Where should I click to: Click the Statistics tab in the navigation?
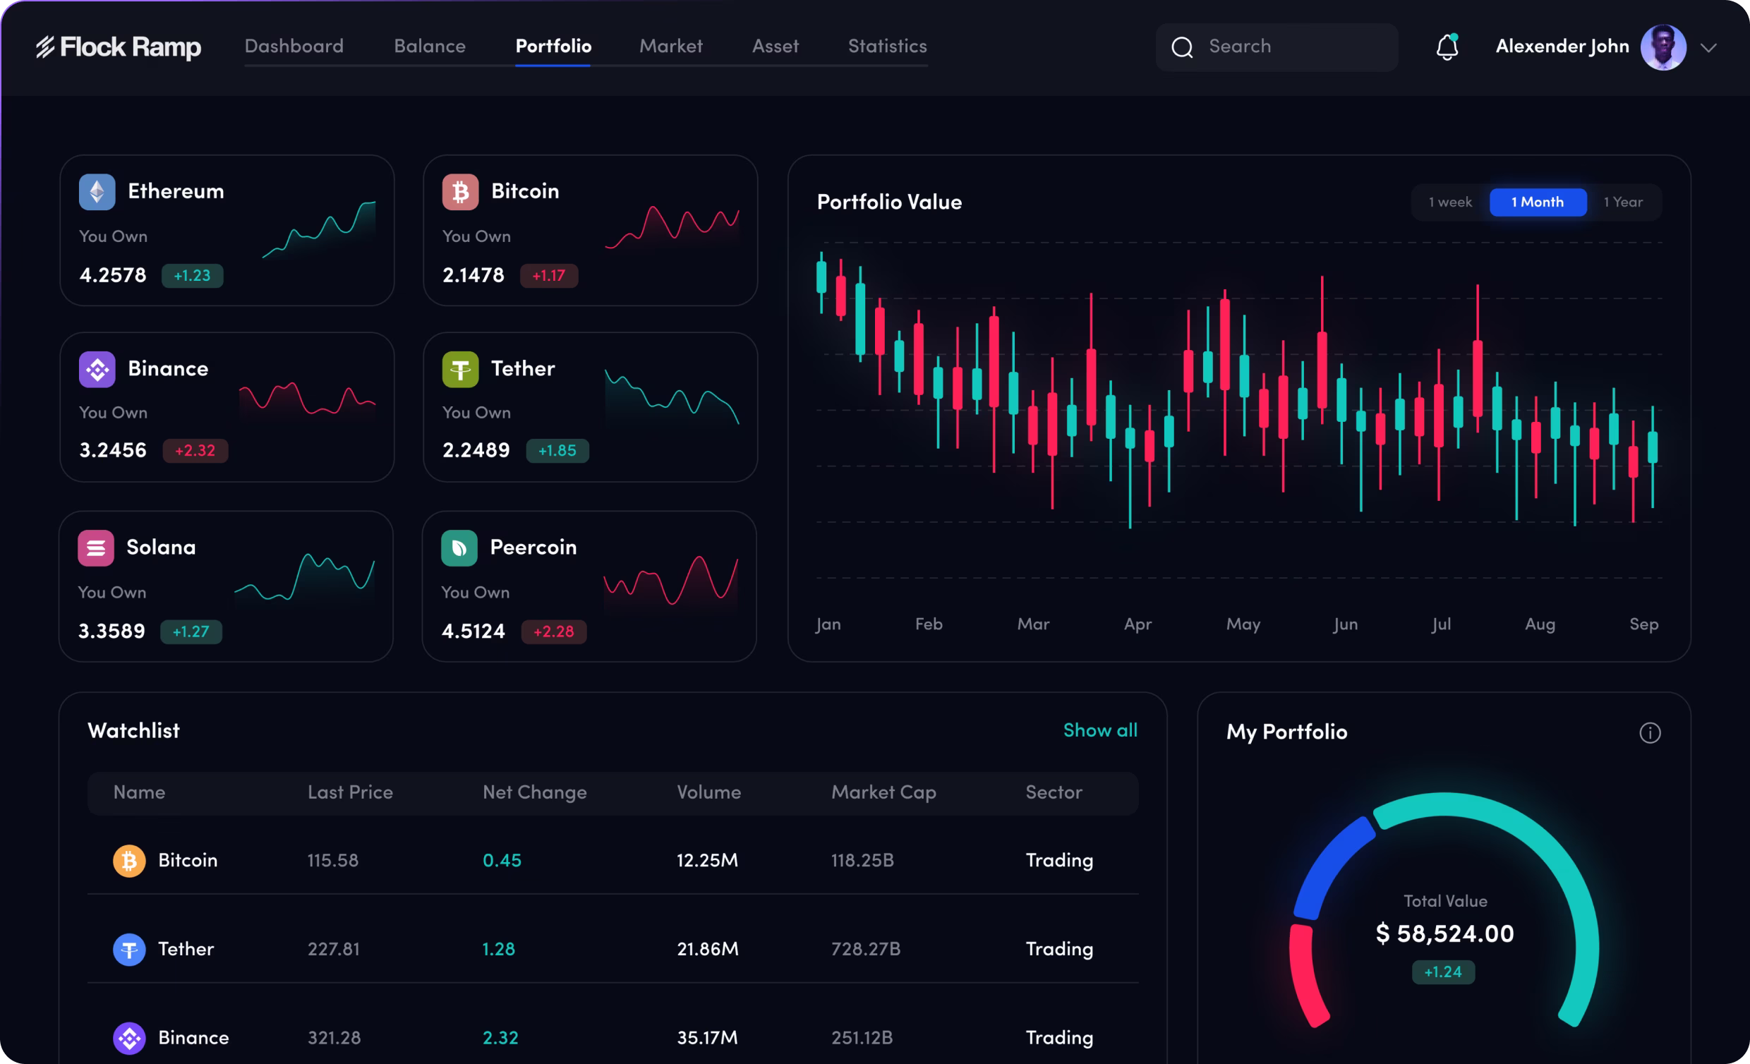click(887, 46)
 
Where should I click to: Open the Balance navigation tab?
click(430, 46)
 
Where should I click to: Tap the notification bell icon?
click(1447, 47)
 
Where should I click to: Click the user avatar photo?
click(1662, 47)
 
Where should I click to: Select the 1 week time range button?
click(1449, 202)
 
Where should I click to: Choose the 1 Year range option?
click(1623, 202)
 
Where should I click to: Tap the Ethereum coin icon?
click(97, 192)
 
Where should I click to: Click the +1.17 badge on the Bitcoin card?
click(549, 276)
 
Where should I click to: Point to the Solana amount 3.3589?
click(111, 631)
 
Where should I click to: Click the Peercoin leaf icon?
click(459, 548)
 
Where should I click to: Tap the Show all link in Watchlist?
click(1099, 730)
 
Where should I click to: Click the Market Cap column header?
click(883, 792)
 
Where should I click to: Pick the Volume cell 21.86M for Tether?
click(707, 949)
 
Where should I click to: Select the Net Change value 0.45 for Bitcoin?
click(502, 860)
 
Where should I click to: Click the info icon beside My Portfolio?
click(1649, 733)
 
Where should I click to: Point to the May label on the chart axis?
click(1243, 624)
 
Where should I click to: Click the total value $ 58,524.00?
click(1444, 933)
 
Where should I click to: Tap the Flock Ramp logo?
click(119, 47)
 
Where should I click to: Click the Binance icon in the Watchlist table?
click(129, 1038)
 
